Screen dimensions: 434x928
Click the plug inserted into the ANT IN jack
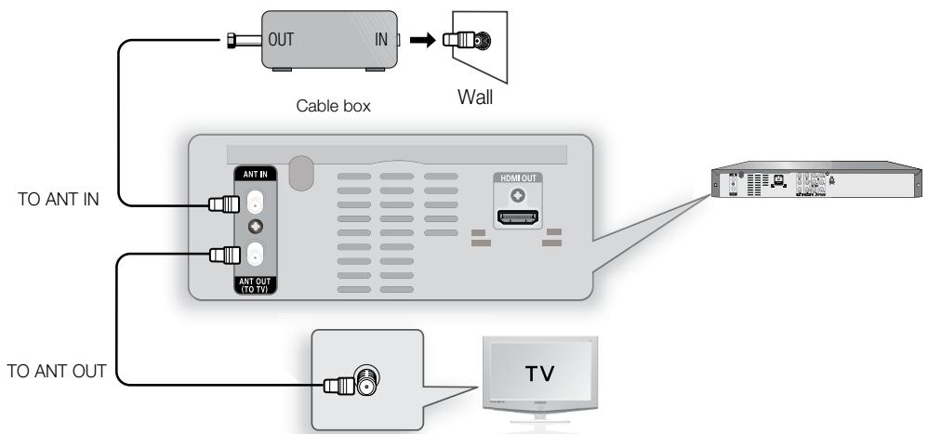223,205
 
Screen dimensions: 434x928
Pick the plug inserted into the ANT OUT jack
223,253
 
